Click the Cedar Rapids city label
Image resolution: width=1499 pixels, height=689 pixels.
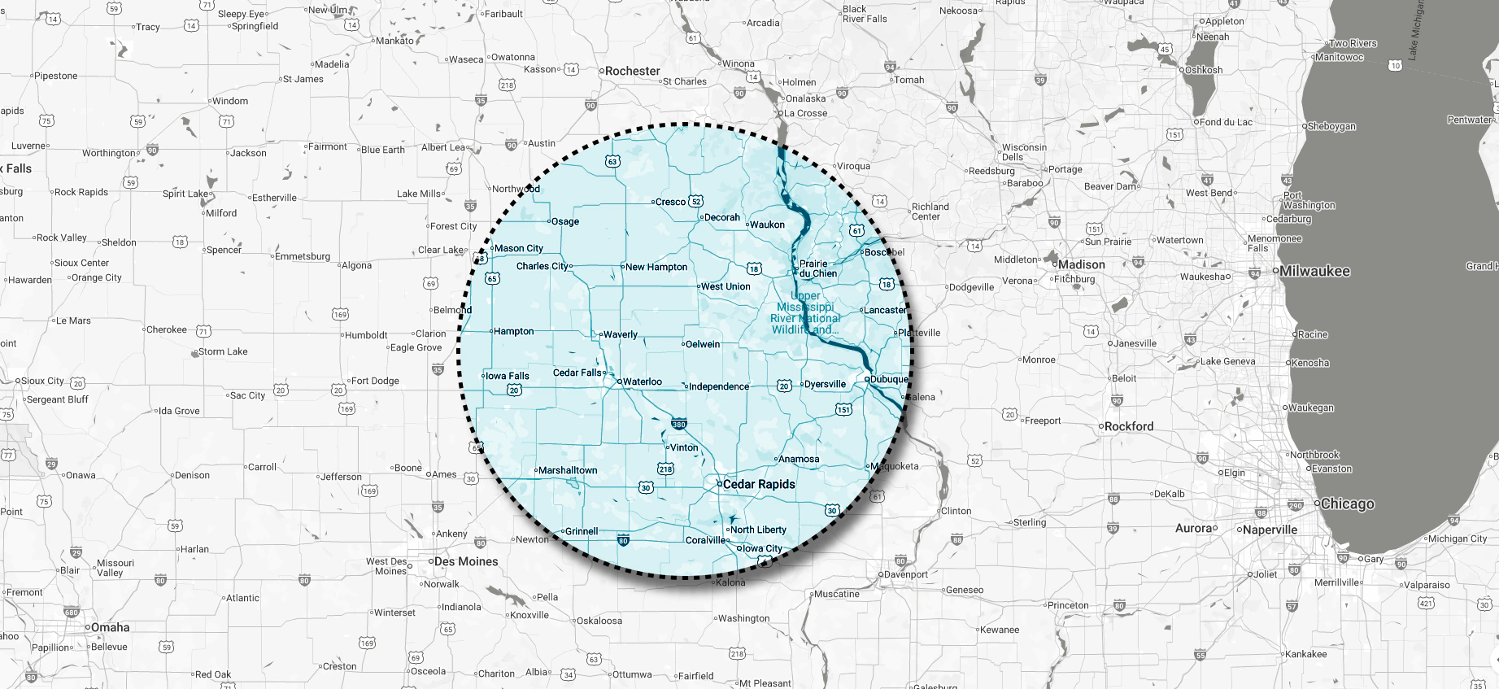pos(759,484)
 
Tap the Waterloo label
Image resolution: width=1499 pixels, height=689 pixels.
pos(642,382)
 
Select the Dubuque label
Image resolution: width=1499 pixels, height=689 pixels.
pos(888,379)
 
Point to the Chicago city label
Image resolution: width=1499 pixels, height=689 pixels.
pos(1347,504)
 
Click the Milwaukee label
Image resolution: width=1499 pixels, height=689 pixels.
pos(1314,271)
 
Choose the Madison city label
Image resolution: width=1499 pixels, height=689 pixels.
pos(1081,264)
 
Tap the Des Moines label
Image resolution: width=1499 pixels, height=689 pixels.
pos(465,561)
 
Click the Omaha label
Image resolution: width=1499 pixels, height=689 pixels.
pos(110,627)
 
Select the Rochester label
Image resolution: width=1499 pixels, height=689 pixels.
pos(632,71)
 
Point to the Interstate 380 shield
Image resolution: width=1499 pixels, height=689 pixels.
pos(679,424)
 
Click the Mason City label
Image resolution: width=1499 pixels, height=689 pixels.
pos(519,248)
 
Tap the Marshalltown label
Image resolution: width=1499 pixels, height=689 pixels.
pos(568,470)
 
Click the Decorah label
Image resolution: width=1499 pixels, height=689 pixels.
pos(722,217)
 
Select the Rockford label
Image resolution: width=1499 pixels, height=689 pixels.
pos(1129,426)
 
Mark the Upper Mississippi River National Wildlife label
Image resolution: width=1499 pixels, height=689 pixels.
pos(805,313)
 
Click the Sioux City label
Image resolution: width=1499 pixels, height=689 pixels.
pos(42,381)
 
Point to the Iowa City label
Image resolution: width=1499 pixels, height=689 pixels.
pos(762,548)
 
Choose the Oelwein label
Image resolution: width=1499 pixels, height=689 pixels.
pos(703,344)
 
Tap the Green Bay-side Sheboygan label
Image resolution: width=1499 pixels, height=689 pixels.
pos(1331,126)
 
